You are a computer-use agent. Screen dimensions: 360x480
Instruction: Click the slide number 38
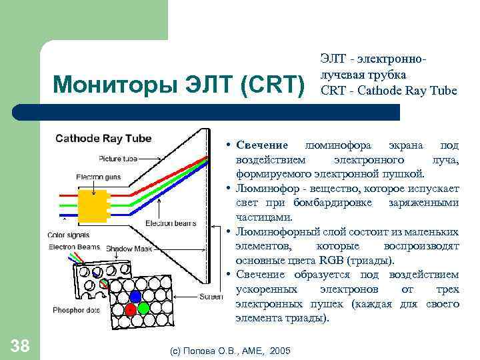(x=20, y=345)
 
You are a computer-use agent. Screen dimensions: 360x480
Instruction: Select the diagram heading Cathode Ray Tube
(x=103, y=139)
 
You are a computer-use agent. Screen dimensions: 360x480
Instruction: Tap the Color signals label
(x=69, y=235)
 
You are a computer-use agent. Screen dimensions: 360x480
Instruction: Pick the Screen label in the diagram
(x=211, y=297)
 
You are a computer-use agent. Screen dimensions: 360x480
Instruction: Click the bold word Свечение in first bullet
(x=261, y=145)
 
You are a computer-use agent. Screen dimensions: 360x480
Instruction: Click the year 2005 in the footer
(x=280, y=350)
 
